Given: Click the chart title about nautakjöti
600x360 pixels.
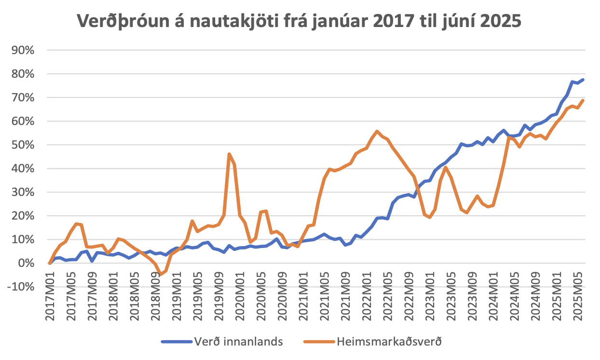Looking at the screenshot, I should coord(300,21).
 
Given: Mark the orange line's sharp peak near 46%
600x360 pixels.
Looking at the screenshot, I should coord(229,154).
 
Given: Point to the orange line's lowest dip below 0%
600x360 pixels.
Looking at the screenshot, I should coord(161,274).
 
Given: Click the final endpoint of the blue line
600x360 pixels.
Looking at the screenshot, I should coord(583,80).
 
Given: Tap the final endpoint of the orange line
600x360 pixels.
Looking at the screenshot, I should coord(583,100).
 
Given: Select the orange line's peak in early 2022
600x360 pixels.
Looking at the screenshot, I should coord(377,131).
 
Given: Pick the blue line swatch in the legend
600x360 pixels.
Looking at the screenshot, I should coord(176,342).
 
